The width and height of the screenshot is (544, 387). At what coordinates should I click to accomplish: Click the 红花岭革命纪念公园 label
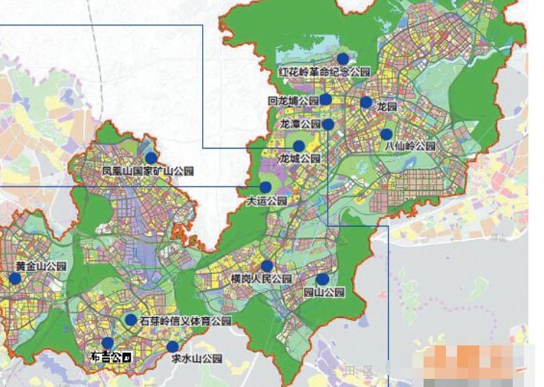(324, 72)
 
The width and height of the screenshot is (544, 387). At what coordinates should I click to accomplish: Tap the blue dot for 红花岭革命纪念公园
(343, 59)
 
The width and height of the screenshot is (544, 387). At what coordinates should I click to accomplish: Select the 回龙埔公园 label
(293, 100)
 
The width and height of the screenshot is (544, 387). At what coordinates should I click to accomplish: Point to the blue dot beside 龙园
(366, 103)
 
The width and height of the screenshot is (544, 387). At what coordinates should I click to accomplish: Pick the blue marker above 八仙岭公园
(386, 134)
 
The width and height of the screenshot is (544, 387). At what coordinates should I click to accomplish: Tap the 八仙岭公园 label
(409, 147)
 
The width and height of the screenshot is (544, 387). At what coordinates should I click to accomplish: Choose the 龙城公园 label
(299, 158)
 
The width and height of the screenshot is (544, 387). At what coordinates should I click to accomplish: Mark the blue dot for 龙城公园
(299, 146)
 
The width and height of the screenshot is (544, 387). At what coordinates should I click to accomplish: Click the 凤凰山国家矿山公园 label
(148, 171)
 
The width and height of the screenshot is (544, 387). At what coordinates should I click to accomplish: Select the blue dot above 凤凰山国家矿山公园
(152, 158)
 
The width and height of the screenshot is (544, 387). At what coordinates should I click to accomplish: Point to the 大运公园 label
(266, 200)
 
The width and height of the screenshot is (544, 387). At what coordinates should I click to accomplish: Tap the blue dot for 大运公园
(265, 187)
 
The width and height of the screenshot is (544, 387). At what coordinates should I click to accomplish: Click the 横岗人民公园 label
(261, 279)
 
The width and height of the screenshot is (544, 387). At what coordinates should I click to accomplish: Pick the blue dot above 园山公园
(322, 279)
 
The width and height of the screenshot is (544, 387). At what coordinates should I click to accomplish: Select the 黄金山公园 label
(41, 266)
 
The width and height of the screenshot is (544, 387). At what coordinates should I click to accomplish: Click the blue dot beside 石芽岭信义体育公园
(131, 320)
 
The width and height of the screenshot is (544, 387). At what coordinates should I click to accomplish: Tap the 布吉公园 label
(111, 357)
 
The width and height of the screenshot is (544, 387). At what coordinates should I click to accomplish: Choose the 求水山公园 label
(197, 359)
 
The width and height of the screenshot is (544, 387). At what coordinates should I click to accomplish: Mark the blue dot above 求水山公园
(172, 347)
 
